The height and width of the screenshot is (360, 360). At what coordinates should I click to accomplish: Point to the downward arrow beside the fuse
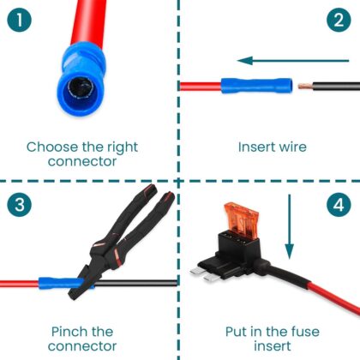point(290,227)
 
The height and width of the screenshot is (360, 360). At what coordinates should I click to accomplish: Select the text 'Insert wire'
point(270,147)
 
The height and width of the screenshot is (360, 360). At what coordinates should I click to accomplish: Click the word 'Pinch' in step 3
point(68,331)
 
